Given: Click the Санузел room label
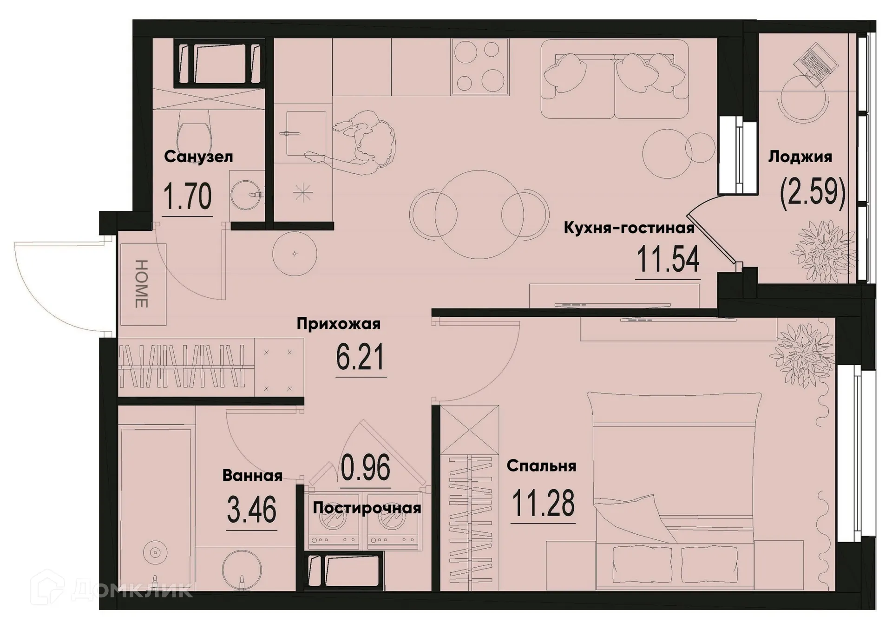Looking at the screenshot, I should tap(198, 157).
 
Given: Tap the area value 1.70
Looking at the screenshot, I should tap(188, 197).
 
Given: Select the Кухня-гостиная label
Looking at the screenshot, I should tap(629, 228).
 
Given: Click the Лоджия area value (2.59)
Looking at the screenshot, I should tap(813, 193).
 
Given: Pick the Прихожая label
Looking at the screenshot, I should tap(338, 323).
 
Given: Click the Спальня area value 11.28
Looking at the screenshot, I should tap(543, 504).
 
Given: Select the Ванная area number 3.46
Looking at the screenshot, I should tap(252, 510).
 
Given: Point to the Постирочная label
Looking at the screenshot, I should tap(367, 508).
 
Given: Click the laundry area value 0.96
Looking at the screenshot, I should tap(365, 468).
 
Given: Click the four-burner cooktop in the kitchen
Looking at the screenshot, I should tap(480, 66).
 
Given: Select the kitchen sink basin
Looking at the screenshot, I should tap(303, 133).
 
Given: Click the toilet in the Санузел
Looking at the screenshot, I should tap(195, 135).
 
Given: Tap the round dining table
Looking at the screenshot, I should tap(480, 214).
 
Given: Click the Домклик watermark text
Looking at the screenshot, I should tap(132, 590).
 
